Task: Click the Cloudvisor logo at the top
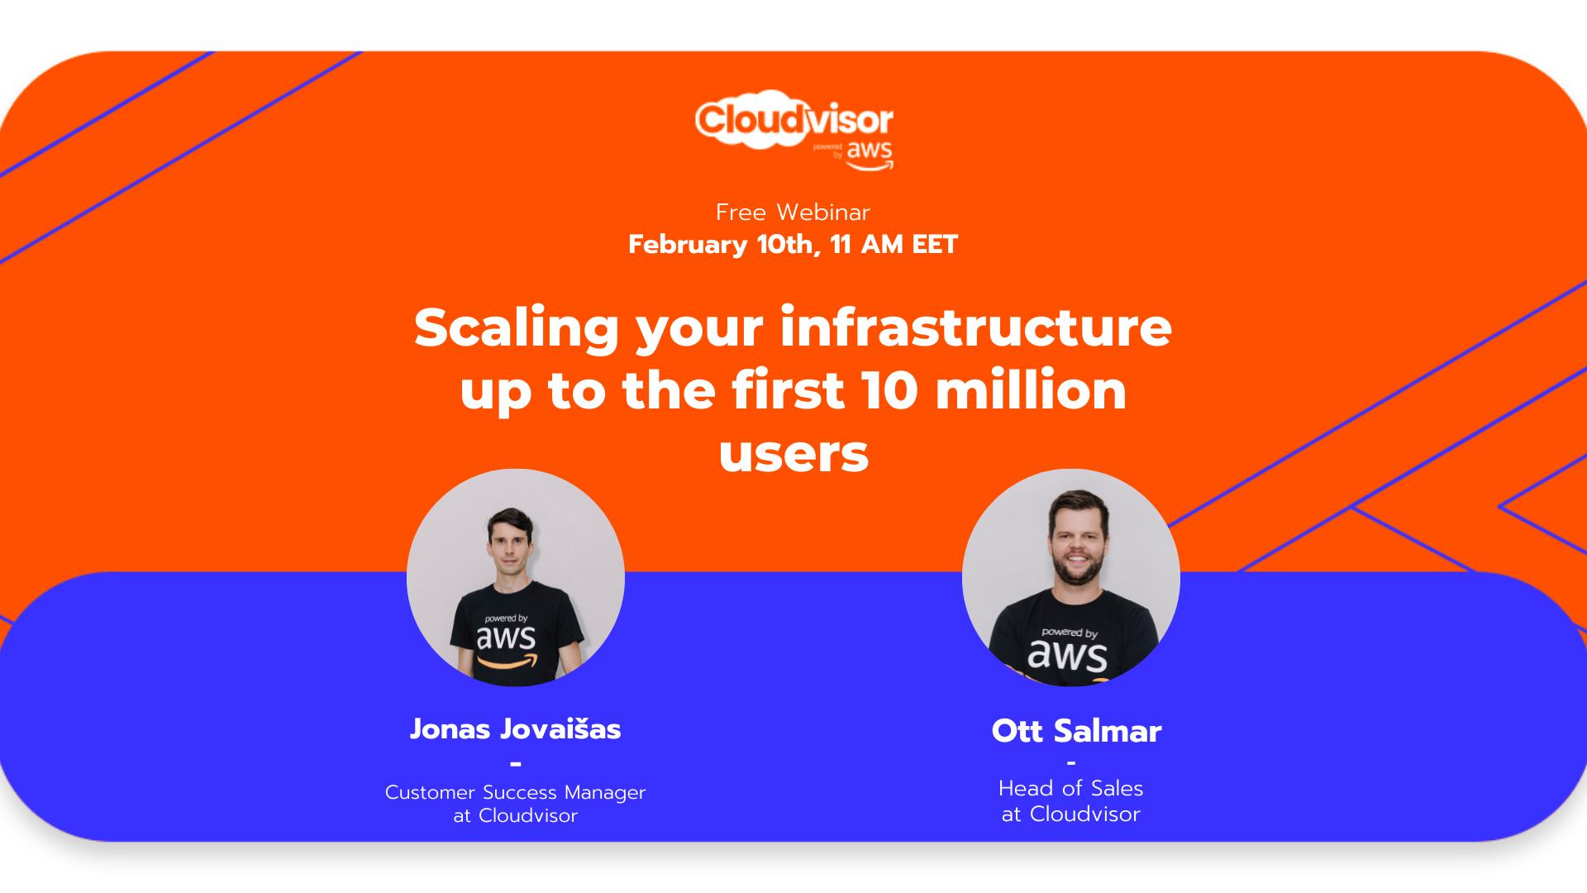(x=794, y=130)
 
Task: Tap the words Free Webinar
(x=793, y=213)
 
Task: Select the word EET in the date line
(x=934, y=244)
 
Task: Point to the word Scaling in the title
(x=517, y=328)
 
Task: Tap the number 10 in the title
(x=889, y=389)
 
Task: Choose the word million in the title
(x=1031, y=389)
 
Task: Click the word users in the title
(x=793, y=454)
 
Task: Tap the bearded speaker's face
(x=1077, y=540)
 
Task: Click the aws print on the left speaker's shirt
(x=506, y=642)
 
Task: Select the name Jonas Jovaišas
(x=515, y=729)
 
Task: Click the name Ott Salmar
(x=1076, y=731)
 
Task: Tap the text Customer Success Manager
(x=515, y=792)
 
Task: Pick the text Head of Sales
(x=1070, y=788)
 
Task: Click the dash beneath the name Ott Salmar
(x=1071, y=762)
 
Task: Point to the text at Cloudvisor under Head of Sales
(x=1070, y=814)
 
